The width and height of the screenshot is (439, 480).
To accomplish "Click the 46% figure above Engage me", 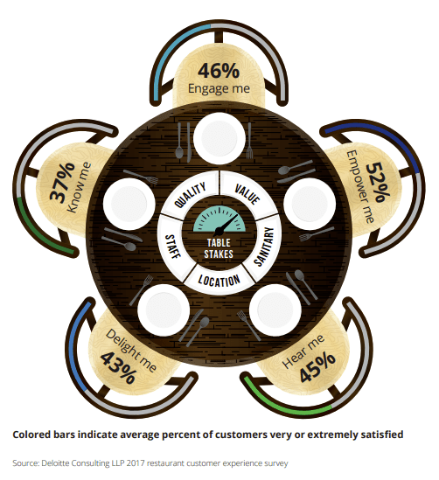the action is (219, 71).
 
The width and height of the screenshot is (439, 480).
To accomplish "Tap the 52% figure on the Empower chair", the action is (378, 182).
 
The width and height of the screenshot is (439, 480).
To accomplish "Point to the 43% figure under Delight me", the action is (118, 368).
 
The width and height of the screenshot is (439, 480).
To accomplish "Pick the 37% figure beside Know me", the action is (62, 182).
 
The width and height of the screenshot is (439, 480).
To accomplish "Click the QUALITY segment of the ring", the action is (191, 194).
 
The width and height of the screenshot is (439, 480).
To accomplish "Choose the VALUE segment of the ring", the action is (247, 194).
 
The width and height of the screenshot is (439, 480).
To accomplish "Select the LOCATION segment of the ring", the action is (219, 280).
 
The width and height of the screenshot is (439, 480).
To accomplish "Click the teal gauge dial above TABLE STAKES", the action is (219, 219).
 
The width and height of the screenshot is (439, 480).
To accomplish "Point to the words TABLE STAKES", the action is (219, 248).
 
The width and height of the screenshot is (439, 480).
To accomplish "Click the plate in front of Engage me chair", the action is (219, 138).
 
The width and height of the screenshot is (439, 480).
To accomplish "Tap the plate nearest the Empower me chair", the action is (310, 204).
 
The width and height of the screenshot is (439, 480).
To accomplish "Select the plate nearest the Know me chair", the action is (129, 204).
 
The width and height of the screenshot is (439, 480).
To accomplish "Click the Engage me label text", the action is (219, 89).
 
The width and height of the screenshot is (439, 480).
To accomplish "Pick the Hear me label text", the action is (303, 351).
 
